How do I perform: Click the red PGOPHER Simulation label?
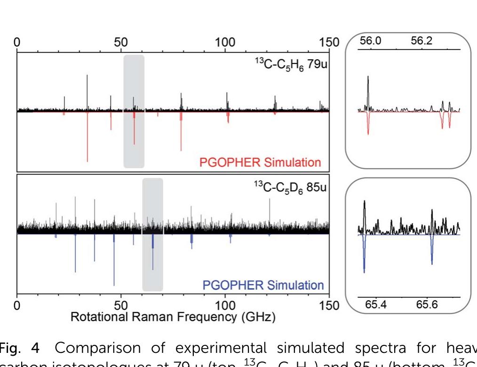[260, 163]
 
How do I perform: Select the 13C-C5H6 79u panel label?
[291, 63]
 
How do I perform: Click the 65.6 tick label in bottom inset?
[427, 305]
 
